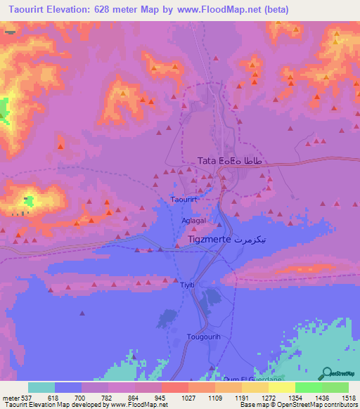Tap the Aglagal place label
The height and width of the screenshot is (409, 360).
[x=193, y=220]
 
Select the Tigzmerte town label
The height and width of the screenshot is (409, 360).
[x=210, y=240]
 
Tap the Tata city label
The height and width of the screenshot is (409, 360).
[x=207, y=161]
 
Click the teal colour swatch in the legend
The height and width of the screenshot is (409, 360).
[x=41, y=387]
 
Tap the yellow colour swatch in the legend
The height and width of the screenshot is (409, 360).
[x=281, y=387]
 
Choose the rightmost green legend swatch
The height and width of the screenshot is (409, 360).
[x=335, y=387]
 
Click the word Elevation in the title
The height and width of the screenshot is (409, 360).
[x=75, y=9]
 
